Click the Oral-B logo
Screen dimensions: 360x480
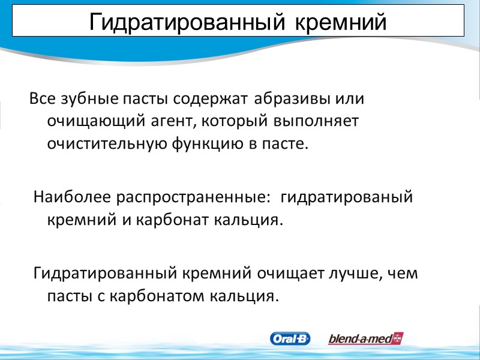pyautogui.click(x=290, y=339)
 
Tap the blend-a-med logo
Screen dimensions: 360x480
pyautogui.click(x=365, y=339)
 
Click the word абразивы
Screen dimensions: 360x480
pyautogui.click(x=292, y=98)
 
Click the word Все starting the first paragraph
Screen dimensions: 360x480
pyautogui.click(x=41, y=98)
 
